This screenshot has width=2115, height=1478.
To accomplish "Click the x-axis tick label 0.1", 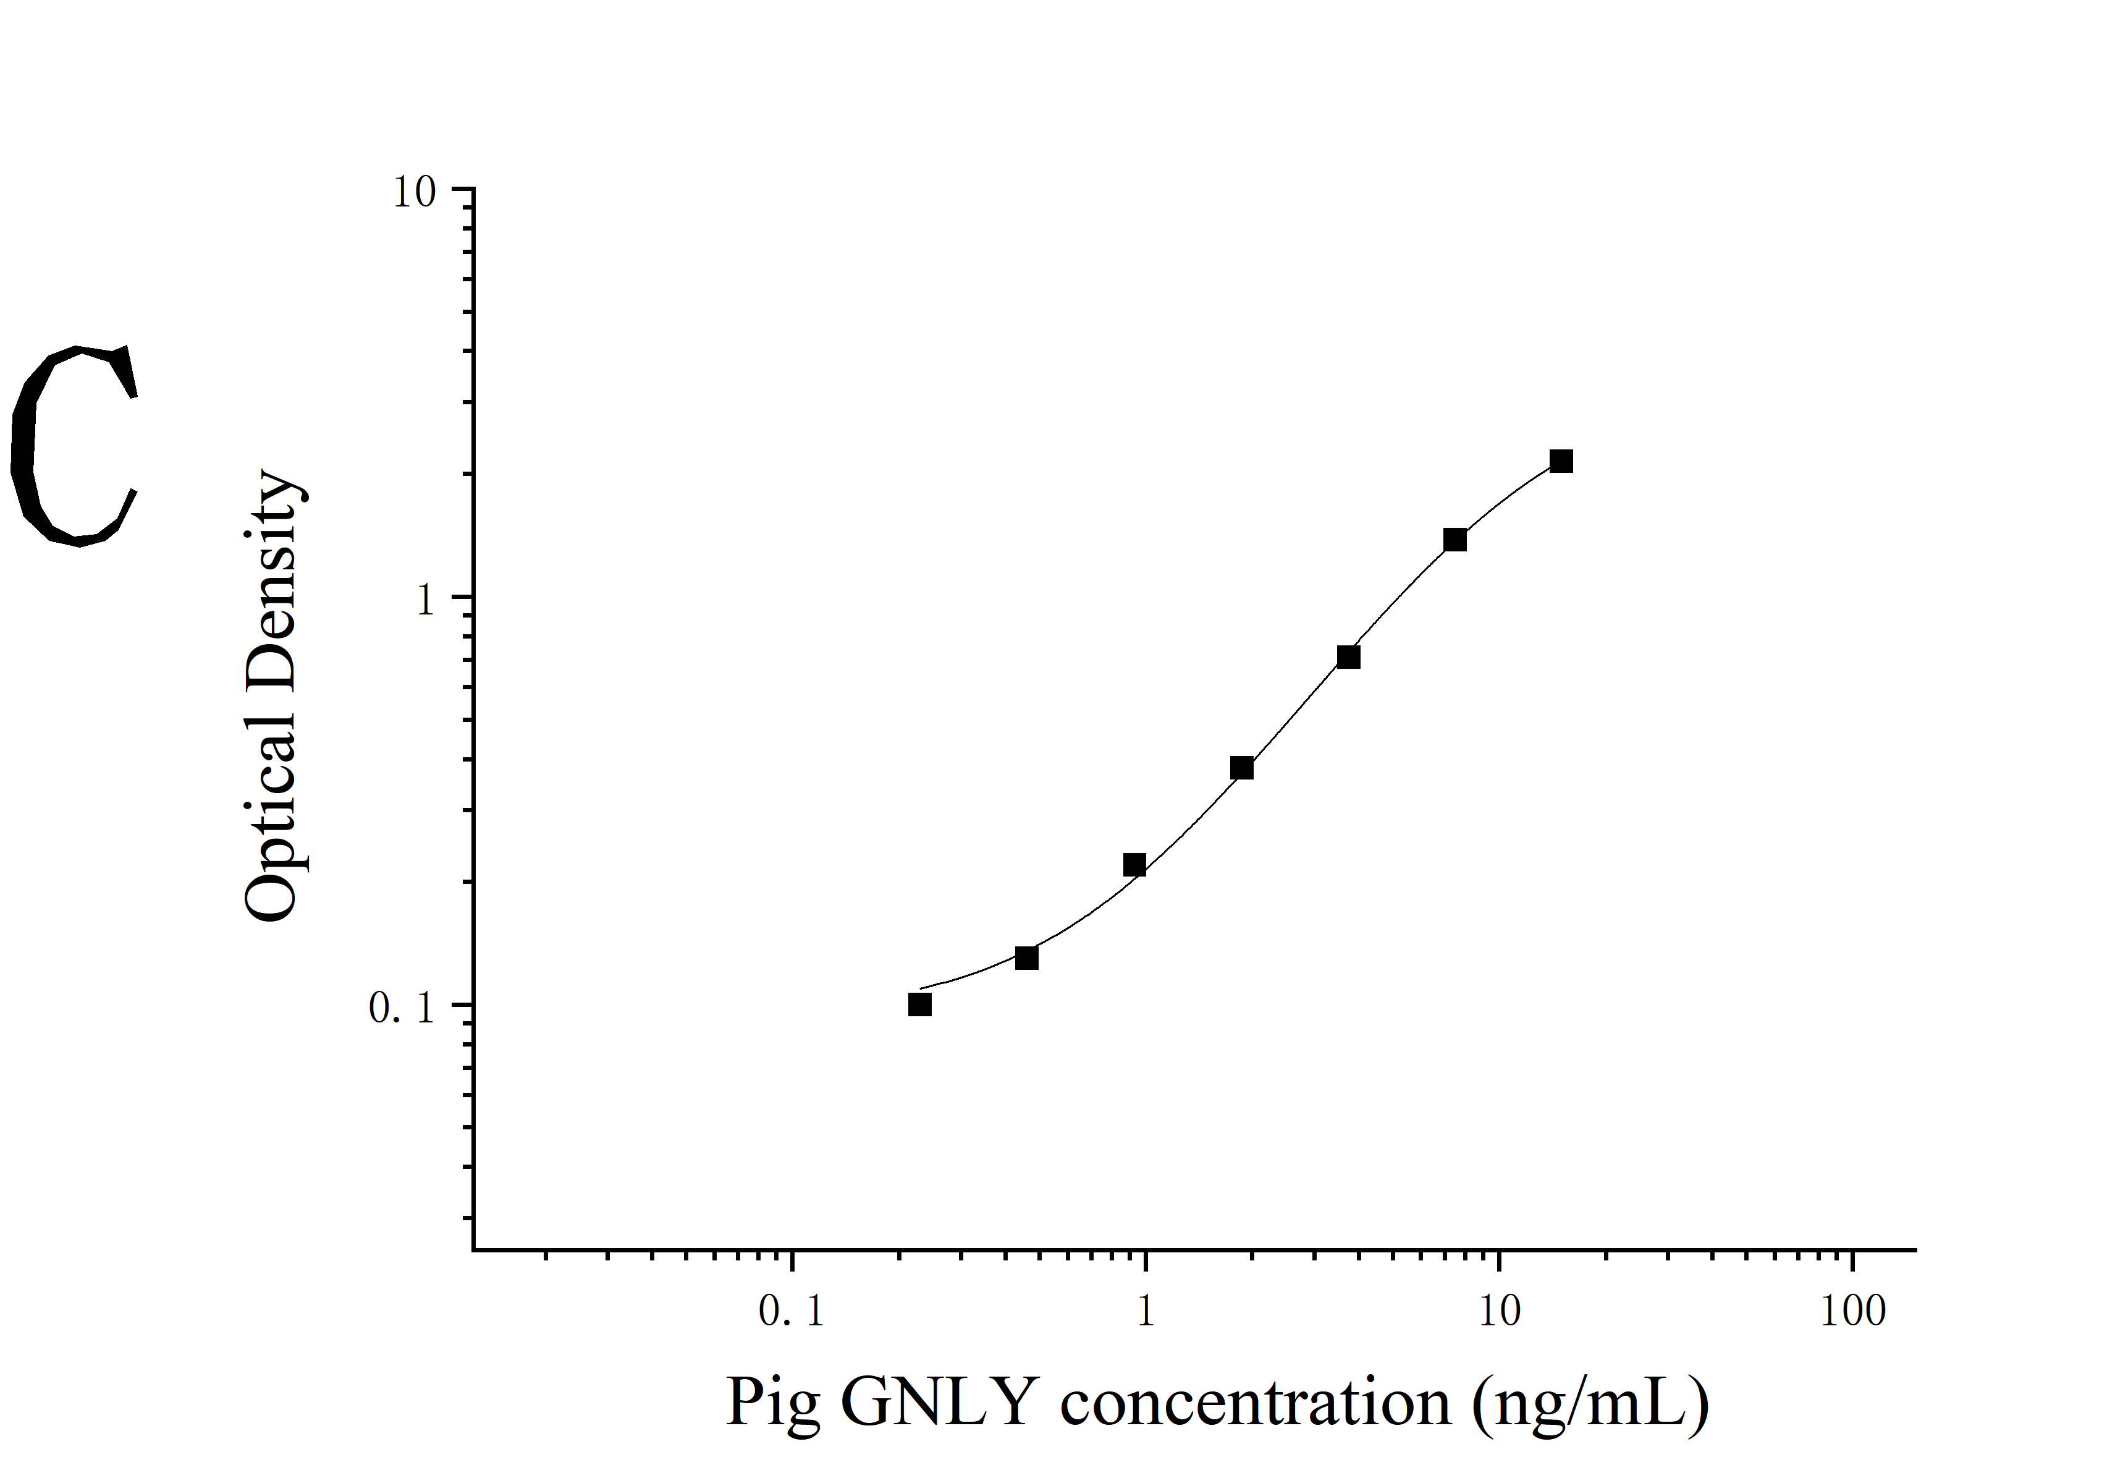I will pos(792,1312).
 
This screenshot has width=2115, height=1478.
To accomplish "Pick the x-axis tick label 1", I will pos(1145,1312).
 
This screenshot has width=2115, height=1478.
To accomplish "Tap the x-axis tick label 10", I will pos(1500,1312).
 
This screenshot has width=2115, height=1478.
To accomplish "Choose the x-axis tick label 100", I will pos(1852,1312).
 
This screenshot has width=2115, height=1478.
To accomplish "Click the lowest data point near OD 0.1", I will pos(919,1004).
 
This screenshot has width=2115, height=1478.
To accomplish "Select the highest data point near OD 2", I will pos(1561,461).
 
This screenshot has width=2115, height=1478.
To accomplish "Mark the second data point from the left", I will pos(1026,958).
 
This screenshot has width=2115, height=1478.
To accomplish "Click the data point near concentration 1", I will pos(1134,865).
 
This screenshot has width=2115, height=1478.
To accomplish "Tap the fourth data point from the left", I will pos(1242,768).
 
